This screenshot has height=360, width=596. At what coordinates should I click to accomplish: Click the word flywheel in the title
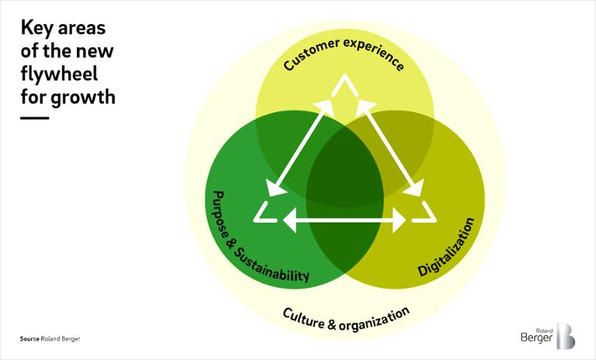pyautogui.click(x=59, y=74)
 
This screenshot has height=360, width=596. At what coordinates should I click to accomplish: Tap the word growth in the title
pyautogui.click(x=83, y=98)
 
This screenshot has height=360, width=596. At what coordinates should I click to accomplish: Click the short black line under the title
pyautogui.click(x=35, y=118)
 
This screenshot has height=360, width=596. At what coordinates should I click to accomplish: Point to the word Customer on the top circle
pyautogui.click(x=311, y=54)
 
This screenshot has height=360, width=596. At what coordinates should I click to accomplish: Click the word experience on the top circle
pyautogui.click(x=374, y=54)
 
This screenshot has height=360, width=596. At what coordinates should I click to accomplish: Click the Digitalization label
pyautogui.click(x=446, y=247)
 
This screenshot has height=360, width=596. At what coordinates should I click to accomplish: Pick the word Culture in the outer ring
pyautogui.click(x=304, y=319)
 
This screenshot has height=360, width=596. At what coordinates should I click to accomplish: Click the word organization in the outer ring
pyautogui.click(x=374, y=320)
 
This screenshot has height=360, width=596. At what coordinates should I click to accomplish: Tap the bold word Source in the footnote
pyautogui.click(x=29, y=339)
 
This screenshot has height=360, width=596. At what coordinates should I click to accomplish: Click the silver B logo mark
pyautogui.click(x=566, y=336)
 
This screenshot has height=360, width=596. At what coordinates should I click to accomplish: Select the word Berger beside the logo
pyautogui.click(x=536, y=337)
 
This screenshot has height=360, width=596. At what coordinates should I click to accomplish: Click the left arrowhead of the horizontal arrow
pyautogui.click(x=289, y=220)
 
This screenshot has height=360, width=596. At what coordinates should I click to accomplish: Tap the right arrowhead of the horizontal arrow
pyautogui.click(x=400, y=220)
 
